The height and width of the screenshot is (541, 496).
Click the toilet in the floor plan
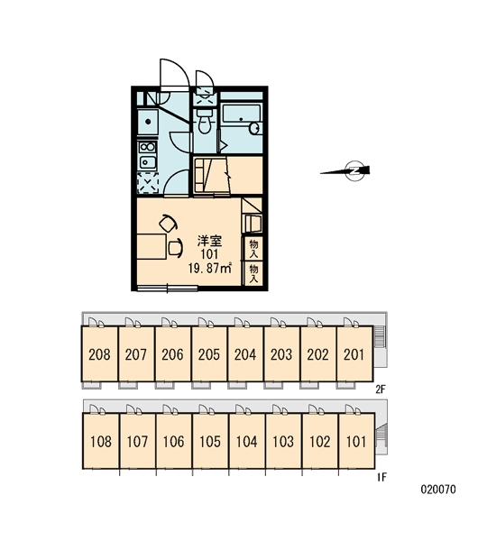pos(205,121)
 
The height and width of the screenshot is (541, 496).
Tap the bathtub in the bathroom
pos(241,114)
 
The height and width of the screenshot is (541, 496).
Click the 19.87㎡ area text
pos(210,268)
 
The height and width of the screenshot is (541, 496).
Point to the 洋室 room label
pos(209,241)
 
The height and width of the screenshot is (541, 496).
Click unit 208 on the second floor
pos(99,354)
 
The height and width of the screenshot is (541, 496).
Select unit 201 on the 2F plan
pos(354,354)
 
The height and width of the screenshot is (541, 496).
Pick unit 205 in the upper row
pos(209,354)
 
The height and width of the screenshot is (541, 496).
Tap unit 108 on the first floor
pos(101,441)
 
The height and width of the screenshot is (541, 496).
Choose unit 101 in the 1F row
pos(356,441)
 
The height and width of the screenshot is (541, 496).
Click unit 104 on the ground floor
pos(247,441)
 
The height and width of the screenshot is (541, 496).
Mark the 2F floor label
pos(381,390)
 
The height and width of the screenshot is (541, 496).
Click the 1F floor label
pos(381,477)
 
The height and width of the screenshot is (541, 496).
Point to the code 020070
pos(438,490)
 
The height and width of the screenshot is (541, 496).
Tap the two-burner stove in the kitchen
pos(147,147)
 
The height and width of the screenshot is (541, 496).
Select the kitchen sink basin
pos(147,161)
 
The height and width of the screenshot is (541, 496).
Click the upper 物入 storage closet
pos(253,247)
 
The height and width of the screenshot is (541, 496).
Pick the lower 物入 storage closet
pos(253,273)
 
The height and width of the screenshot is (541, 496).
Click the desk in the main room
pos(152,246)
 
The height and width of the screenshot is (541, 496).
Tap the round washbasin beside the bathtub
pos(254,128)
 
